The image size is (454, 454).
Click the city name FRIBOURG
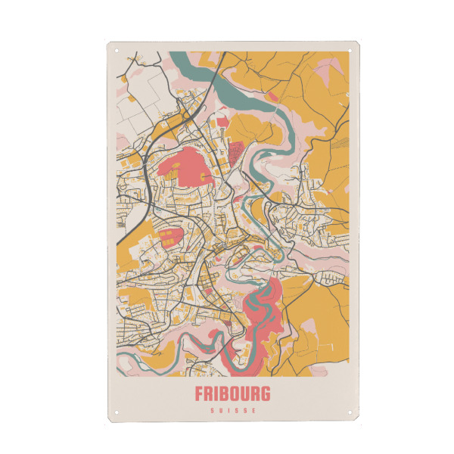232,394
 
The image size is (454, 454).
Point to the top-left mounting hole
117,51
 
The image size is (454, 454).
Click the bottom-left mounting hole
117,413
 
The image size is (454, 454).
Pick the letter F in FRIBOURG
200,394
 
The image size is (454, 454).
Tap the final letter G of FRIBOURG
265,394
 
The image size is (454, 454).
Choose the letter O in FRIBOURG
235,394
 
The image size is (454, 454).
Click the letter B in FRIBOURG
225,394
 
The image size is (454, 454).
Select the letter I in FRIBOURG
217,394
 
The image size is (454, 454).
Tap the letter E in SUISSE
254,411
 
